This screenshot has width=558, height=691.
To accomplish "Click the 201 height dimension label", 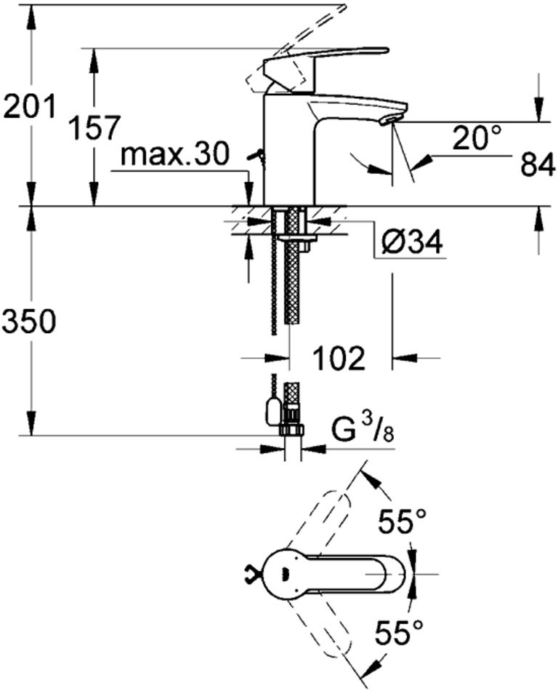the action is coord(30,106).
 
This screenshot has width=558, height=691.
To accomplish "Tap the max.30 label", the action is coord(175,154).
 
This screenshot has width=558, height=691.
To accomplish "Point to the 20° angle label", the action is coord(477,137).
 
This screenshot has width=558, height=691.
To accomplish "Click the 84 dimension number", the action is coord(537,165).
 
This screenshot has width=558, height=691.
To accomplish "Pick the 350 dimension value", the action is coord(29,321).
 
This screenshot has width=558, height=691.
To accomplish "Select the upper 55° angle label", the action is coord(403,522).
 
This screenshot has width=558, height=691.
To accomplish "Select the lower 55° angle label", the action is coord(399,633).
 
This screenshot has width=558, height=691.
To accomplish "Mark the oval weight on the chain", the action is coord(273,410).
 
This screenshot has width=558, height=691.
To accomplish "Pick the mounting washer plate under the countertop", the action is coord(298,238).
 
